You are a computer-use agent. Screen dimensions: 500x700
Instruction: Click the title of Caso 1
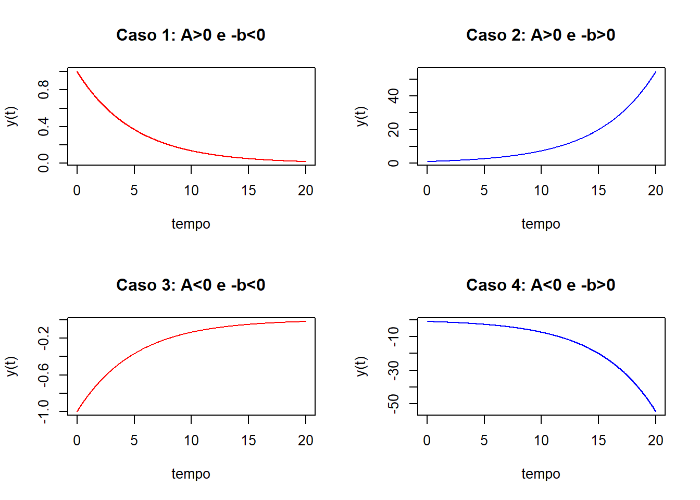tap(191, 35)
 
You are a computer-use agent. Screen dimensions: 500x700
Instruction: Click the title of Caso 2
tap(541, 35)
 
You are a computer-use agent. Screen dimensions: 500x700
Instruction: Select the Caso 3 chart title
tap(191, 285)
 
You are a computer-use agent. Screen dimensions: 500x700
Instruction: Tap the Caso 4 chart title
tap(541, 285)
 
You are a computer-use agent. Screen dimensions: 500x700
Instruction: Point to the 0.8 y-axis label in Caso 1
tap(44, 90)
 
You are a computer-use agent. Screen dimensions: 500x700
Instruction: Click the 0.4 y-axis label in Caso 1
tap(44, 127)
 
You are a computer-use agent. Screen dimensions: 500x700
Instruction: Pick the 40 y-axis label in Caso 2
tap(394, 96)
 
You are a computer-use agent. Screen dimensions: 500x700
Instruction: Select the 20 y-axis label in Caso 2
tap(394, 130)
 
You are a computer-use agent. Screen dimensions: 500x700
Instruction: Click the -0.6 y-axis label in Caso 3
tap(44, 375)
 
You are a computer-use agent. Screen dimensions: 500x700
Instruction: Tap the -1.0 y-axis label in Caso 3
tap(44, 411)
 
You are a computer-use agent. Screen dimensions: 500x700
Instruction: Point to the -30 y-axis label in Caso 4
tap(394, 370)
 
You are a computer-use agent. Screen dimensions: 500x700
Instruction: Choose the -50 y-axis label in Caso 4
tap(394, 404)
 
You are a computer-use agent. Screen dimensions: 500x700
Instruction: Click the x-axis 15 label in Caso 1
tap(248, 191)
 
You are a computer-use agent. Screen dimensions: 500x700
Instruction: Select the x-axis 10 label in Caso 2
tap(541, 191)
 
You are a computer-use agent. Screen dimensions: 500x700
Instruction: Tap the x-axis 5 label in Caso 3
tap(134, 441)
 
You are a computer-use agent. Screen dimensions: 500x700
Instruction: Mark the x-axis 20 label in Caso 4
tap(656, 441)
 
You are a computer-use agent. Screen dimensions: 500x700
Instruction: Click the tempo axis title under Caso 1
tap(191, 224)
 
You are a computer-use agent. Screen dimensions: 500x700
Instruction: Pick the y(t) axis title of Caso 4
tap(361, 366)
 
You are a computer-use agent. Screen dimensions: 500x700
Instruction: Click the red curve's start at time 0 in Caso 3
tap(77, 411)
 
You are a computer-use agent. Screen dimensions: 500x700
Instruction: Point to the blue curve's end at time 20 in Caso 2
tap(656, 72)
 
